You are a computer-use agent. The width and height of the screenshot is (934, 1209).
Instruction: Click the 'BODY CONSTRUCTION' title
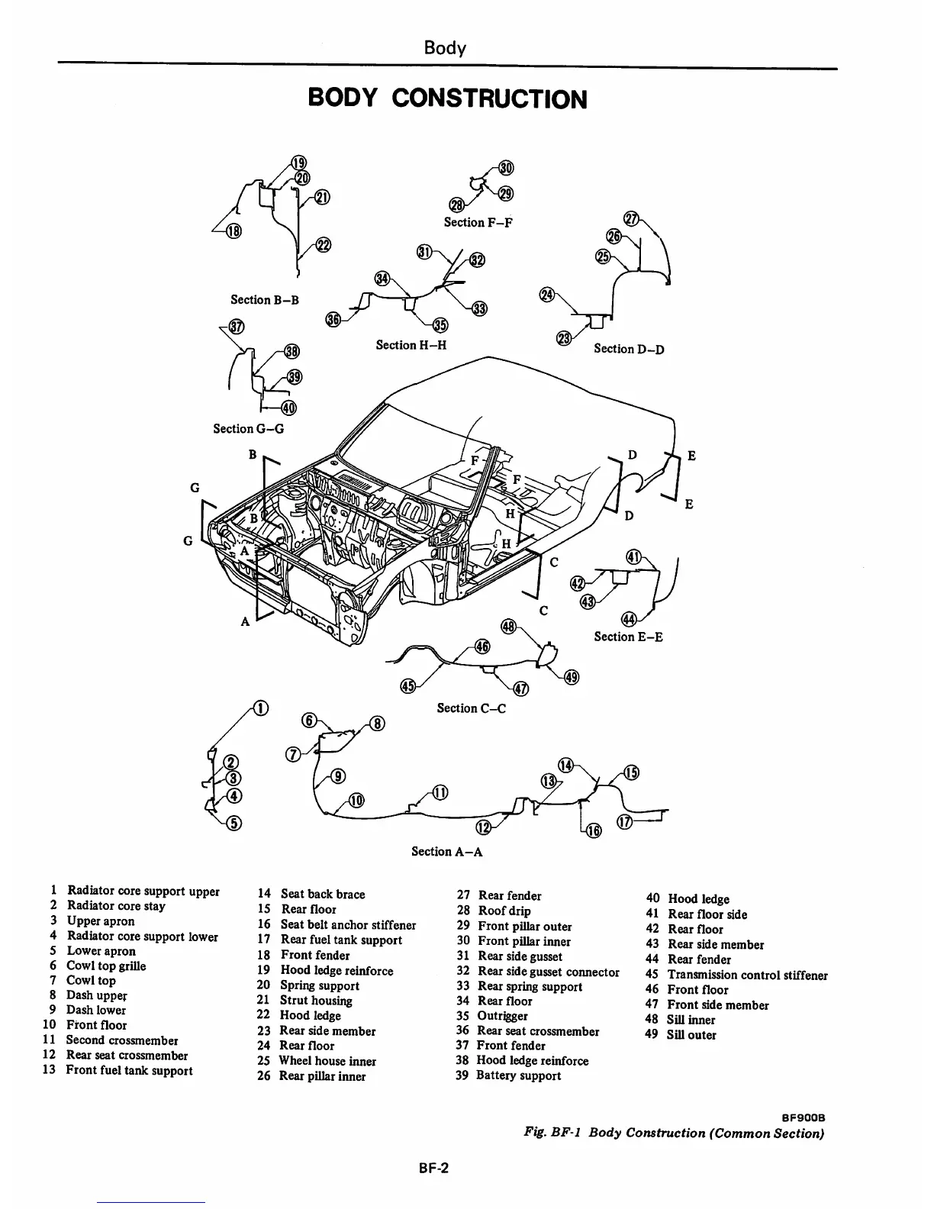coord(447,99)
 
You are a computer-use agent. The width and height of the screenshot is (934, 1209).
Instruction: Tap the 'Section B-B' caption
coord(265,300)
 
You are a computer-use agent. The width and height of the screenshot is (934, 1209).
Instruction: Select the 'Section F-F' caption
coord(478,222)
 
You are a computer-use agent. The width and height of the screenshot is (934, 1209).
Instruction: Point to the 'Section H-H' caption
coord(411,345)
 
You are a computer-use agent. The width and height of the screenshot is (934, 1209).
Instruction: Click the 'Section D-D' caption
coord(629,349)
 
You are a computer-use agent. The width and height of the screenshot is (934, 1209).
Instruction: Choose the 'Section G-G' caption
coord(248,429)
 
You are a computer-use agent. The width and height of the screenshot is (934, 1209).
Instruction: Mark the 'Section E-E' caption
coord(628,637)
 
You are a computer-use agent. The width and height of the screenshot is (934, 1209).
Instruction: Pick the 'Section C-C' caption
coord(471,708)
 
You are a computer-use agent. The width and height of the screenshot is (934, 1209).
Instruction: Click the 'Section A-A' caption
coord(446,851)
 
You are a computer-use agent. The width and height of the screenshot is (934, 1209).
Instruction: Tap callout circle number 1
coord(261,708)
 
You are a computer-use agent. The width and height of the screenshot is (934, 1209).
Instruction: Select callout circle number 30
coord(505,168)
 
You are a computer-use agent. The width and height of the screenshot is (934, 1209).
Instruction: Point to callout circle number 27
coord(630,217)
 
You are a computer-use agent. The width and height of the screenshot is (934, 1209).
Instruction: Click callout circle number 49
coord(572,676)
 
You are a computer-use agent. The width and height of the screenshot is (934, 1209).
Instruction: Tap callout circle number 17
coord(624,822)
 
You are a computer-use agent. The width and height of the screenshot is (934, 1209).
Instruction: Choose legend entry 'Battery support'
coord(518,1075)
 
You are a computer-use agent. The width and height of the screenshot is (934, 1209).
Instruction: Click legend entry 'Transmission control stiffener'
coord(747,975)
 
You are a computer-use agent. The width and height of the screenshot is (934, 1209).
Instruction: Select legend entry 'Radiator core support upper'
coord(143,891)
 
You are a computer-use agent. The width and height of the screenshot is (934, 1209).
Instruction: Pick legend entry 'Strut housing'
coord(315,1001)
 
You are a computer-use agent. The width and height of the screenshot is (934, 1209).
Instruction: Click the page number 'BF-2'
coord(433,1166)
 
